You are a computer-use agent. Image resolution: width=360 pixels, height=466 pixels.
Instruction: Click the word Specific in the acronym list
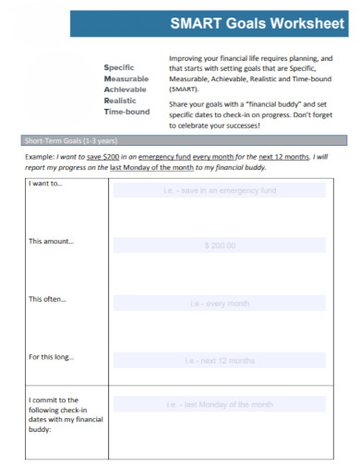point(120,67)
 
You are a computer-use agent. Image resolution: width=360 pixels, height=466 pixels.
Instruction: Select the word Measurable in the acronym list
point(126,78)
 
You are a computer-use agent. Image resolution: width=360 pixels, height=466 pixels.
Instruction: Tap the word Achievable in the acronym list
point(126,90)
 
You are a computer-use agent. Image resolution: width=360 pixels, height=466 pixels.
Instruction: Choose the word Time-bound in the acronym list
point(127,112)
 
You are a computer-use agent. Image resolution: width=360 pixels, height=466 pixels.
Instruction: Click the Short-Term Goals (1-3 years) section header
point(70,140)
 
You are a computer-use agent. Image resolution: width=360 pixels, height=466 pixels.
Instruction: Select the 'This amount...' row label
point(52,242)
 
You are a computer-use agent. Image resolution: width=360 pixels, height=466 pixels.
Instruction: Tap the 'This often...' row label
point(48,299)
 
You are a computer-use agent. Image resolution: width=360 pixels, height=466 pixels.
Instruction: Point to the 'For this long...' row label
point(52,356)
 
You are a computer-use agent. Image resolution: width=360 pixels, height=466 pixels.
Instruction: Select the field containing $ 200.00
point(220,245)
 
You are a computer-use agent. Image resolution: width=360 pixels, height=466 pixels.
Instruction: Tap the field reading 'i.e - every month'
point(220,302)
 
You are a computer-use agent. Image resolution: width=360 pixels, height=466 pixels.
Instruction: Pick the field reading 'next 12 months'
point(220,360)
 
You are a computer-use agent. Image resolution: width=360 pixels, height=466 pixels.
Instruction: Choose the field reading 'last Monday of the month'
point(220,404)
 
